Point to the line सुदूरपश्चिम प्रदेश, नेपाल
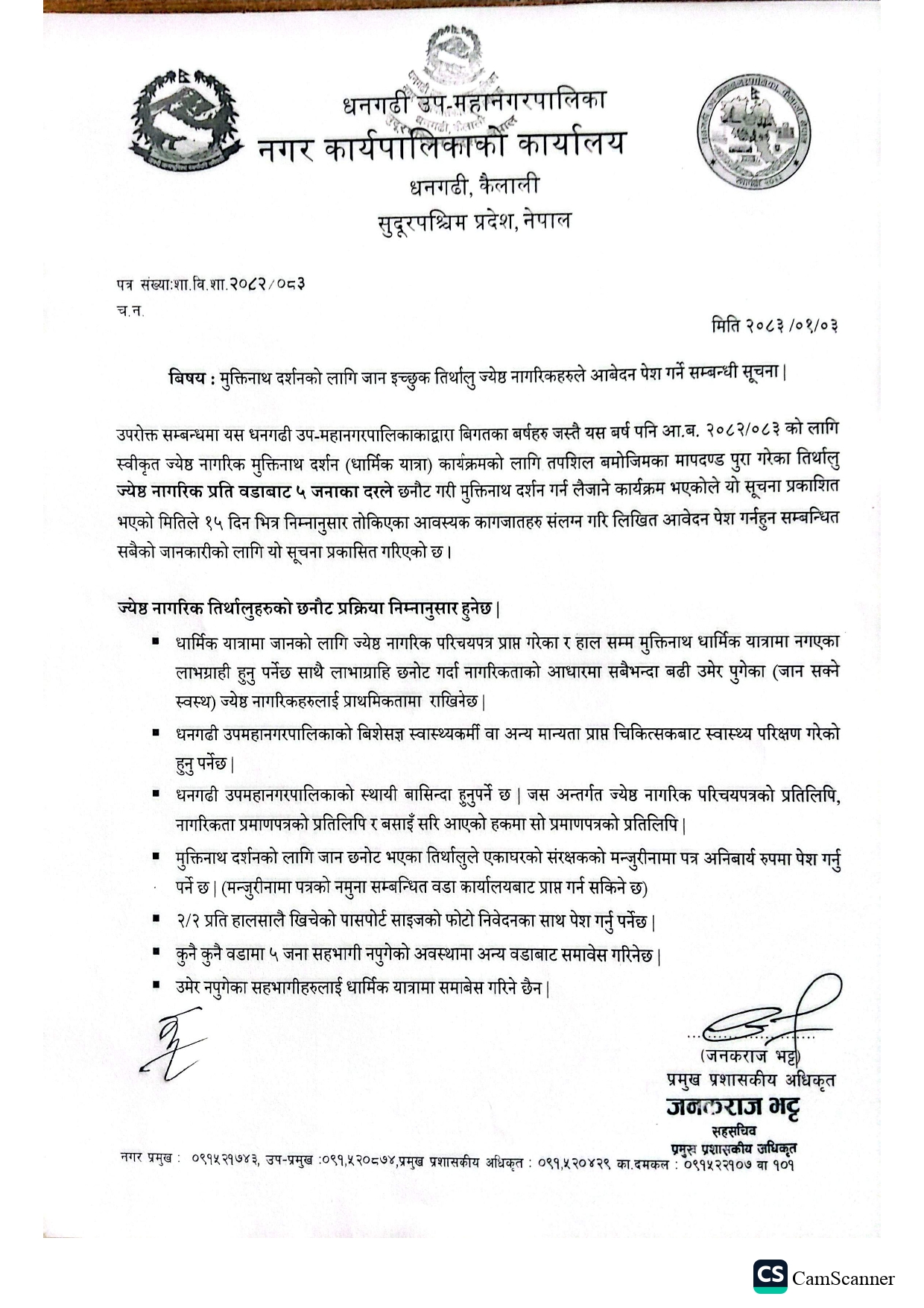475,221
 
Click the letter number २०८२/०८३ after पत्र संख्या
268,284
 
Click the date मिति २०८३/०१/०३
774,326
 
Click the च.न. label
130,312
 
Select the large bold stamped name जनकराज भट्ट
733,1108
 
